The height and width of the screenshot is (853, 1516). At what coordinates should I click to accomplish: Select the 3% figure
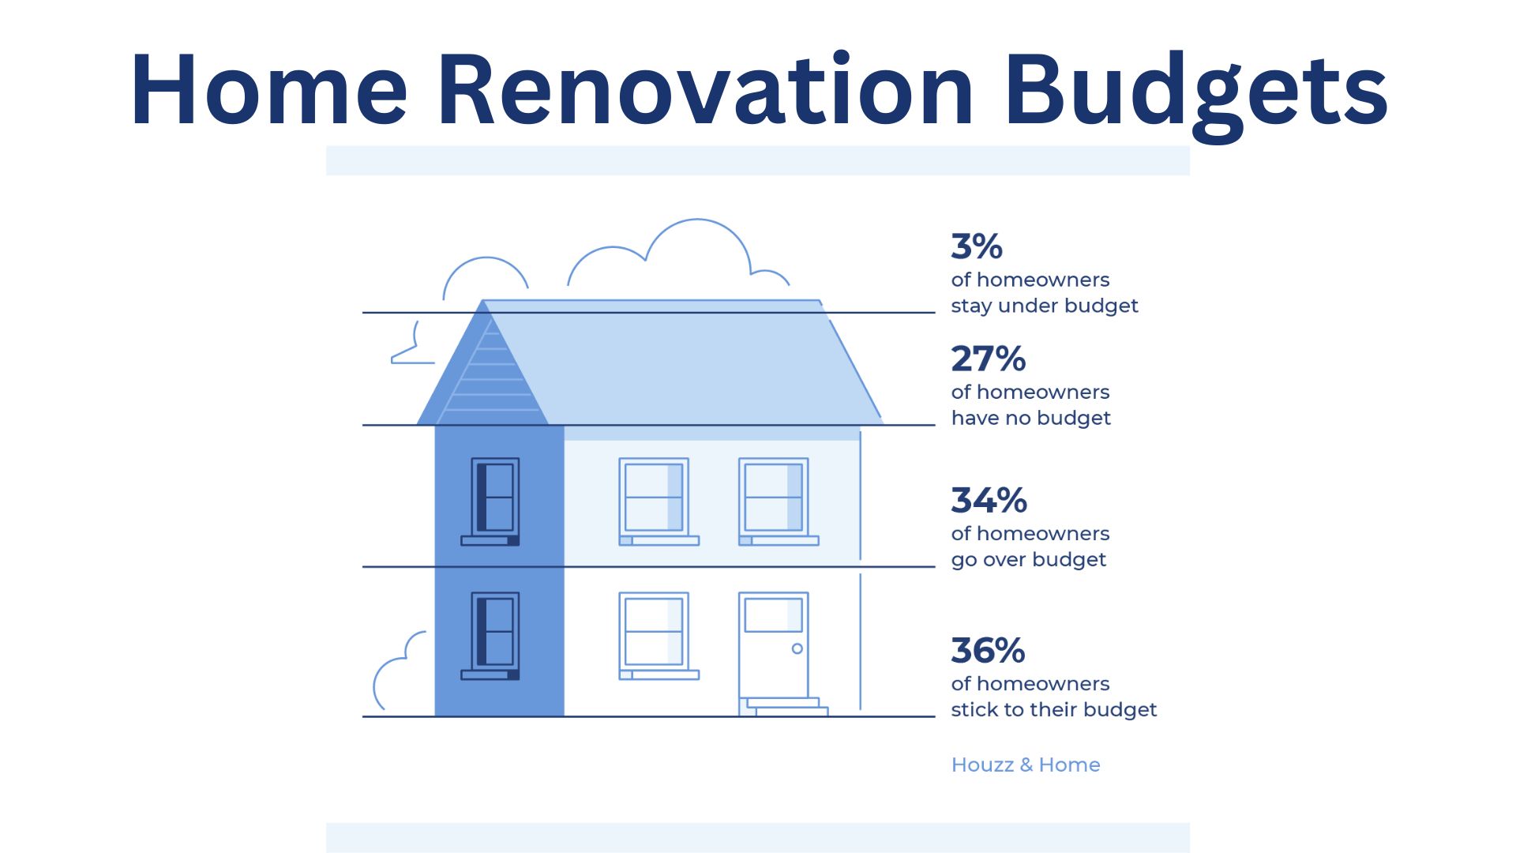click(977, 246)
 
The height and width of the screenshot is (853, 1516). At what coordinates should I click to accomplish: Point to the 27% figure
click(988, 359)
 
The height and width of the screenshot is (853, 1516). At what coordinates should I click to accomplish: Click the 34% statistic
click(989, 501)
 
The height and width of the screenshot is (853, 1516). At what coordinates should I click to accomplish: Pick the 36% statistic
click(988, 651)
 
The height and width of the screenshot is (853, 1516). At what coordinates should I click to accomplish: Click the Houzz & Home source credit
click(1025, 765)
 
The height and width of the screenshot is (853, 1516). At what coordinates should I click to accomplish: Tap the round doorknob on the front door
click(797, 648)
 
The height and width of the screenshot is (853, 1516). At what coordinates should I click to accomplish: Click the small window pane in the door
click(773, 614)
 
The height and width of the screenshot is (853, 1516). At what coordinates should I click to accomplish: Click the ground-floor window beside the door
click(654, 632)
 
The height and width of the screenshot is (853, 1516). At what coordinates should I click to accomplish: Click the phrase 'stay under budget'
click(1044, 306)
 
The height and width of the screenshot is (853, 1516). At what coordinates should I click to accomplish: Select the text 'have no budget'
click(1030, 418)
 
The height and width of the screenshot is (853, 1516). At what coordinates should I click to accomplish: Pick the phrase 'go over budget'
click(1028, 559)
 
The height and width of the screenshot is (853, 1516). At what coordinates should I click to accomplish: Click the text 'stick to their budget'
click(1053, 709)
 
